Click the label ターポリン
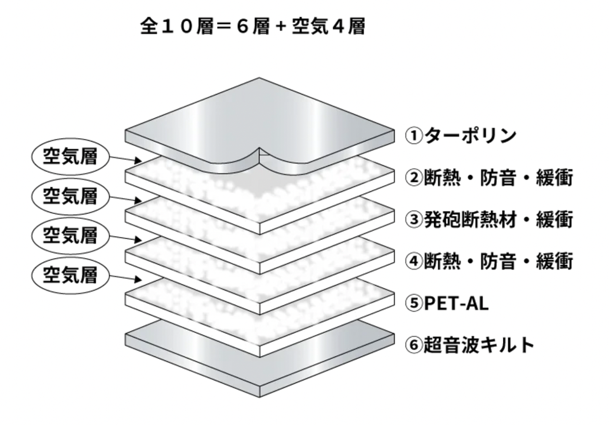click(x=471, y=135)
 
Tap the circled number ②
click(x=413, y=178)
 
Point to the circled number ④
click(x=413, y=261)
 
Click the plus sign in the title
click(x=278, y=27)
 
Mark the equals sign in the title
click(x=226, y=27)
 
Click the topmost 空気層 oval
click(x=70, y=156)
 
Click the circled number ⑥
click(x=413, y=345)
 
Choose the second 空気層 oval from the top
click(x=70, y=195)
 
